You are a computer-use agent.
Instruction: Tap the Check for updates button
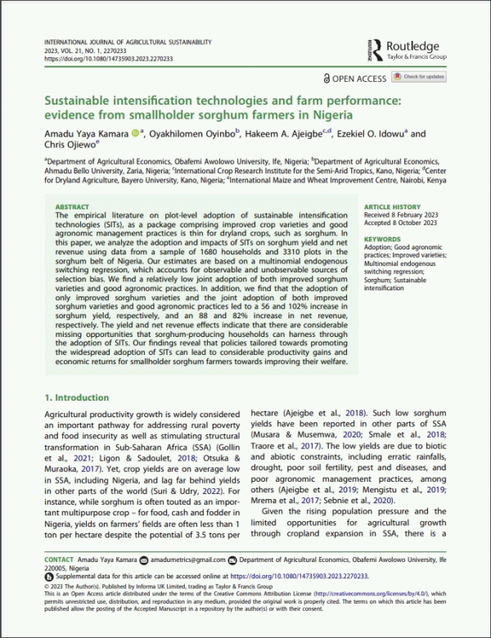(420, 76)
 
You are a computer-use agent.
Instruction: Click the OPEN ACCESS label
(357, 77)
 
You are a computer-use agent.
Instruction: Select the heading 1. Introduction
(76, 398)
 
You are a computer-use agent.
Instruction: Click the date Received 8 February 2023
(400, 217)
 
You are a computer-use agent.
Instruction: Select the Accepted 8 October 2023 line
(399, 225)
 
